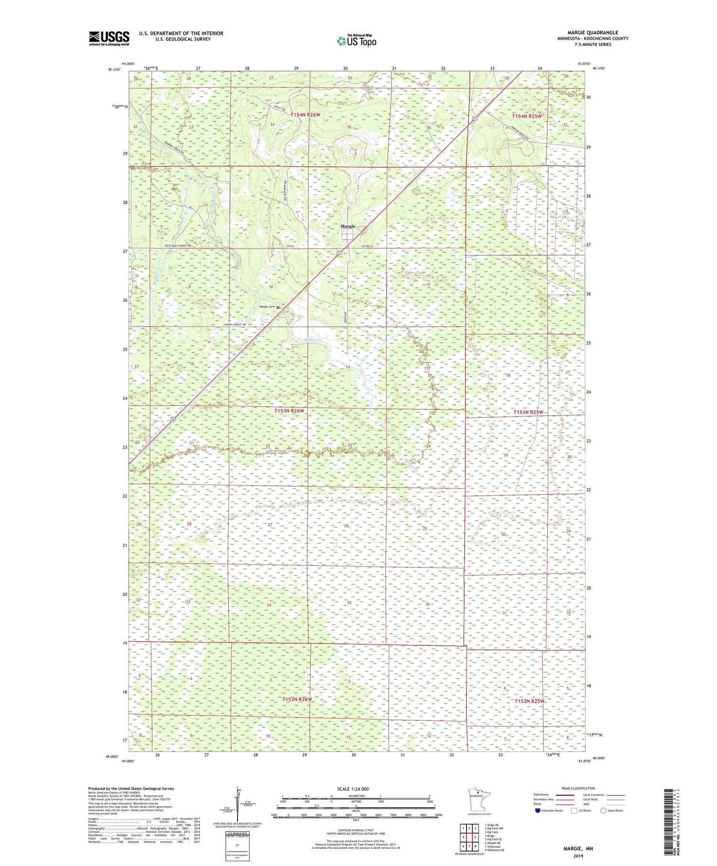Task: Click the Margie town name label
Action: [348, 226]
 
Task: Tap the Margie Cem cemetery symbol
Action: [278, 308]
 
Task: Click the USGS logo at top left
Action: [109, 38]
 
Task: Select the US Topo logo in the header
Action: [356, 41]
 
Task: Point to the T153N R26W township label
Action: [289, 411]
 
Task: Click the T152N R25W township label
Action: [529, 701]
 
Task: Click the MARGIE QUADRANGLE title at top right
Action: [593, 32]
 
